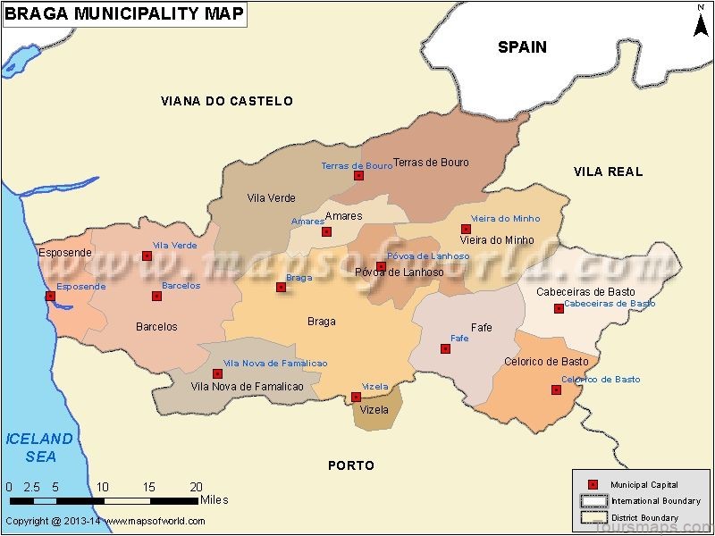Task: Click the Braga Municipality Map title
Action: coord(124,14)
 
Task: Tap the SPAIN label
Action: coord(522,47)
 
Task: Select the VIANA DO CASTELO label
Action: coord(227,101)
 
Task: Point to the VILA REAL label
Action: coord(608,172)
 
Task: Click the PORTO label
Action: coord(351,465)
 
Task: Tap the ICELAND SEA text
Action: coord(39,448)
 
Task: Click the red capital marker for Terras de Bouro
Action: coord(358,176)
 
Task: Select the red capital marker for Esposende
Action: coord(50,296)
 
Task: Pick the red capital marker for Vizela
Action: coord(356,397)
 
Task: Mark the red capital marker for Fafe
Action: coord(445,348)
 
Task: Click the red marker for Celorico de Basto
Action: coord(555,389)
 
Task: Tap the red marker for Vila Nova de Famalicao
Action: coord(217,373)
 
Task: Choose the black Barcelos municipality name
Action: coord(156,327)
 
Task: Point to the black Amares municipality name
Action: coord(344,216)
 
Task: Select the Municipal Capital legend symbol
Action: coord(592,484)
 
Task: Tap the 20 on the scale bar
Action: coord(197,487)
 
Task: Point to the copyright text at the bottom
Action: coord(105,521)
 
